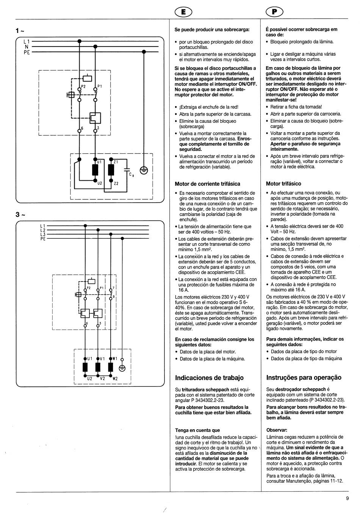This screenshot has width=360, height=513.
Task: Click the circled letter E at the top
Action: (183, 12)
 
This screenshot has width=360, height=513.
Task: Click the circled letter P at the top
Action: (275, 12)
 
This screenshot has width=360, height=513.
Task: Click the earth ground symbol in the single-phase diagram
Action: (144, 171)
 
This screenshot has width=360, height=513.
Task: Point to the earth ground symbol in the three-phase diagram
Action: (122, 368)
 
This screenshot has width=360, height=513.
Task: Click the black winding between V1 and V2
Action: (98, 367)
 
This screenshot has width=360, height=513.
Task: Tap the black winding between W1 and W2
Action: (110, 367)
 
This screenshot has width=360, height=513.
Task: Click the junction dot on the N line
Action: (95, 47)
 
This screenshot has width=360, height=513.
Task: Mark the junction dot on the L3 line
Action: (110, 234)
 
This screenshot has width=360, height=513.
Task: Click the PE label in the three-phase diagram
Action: (42, 239)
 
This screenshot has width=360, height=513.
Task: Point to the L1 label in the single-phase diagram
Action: (27, 41)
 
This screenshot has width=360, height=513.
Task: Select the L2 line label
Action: (42, 230)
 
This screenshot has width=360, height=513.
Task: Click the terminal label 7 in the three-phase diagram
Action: (113, 288)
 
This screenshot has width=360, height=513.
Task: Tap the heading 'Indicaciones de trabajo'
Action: (209, 378)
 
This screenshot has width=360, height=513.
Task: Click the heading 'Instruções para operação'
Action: (304, 377)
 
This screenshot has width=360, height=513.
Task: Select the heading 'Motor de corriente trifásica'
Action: (207, 184)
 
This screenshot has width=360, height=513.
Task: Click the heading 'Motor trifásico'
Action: (283, 184)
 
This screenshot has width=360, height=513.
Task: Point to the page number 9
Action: (347, 498)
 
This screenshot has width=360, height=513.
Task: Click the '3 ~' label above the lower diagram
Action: (20, 215)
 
